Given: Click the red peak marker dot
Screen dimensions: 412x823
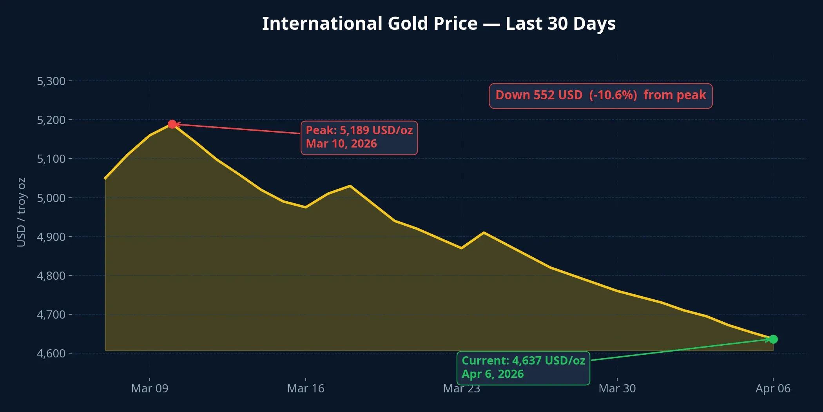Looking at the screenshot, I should (x=172, y=124).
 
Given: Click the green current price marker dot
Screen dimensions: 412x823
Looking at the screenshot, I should (x=773, y=339).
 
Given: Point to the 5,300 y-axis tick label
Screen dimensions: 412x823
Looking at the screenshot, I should (x=51, y=81).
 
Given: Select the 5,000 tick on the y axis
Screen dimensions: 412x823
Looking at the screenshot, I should (x=51, y=198).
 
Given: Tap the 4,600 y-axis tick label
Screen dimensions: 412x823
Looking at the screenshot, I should (x=51, y=353).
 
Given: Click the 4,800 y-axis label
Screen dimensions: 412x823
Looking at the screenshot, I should (x=51, y=275).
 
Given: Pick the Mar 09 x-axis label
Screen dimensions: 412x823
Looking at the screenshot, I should (x=150, y=388).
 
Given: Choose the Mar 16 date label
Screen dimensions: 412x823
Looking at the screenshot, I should (x=306, y=388).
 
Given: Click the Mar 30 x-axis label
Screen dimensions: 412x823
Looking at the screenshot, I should (x=617, y=388).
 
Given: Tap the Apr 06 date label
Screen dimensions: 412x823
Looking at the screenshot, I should (x=773, y=388).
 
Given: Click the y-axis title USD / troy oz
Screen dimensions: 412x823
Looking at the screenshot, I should (x=21, y=212).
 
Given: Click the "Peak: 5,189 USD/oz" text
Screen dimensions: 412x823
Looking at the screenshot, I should (x=359, y=130).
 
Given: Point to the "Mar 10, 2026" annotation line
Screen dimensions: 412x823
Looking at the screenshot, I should (x=341, y=144).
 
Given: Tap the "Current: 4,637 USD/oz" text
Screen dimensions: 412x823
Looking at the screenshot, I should (x=523, y=361).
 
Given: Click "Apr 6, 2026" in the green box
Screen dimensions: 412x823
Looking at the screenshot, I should (x=493, y=374).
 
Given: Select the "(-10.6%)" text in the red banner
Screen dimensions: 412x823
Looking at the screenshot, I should (x=613, y=95).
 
